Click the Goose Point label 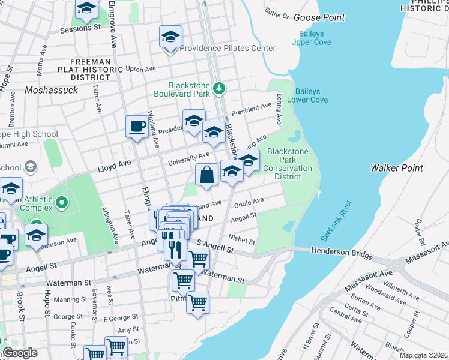tap(319, 17)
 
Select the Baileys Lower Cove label tap(311, 95)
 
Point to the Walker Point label tap(397, 168)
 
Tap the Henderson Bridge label tap(342, 254)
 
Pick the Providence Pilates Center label tap(228, 48)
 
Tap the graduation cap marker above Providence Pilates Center tap(170, 37)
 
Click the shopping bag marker tap(206, 175)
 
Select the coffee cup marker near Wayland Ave tap(136, 126)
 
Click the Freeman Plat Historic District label tap(90, 70)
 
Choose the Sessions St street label tap(80, 28)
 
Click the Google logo tap(20, 353)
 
